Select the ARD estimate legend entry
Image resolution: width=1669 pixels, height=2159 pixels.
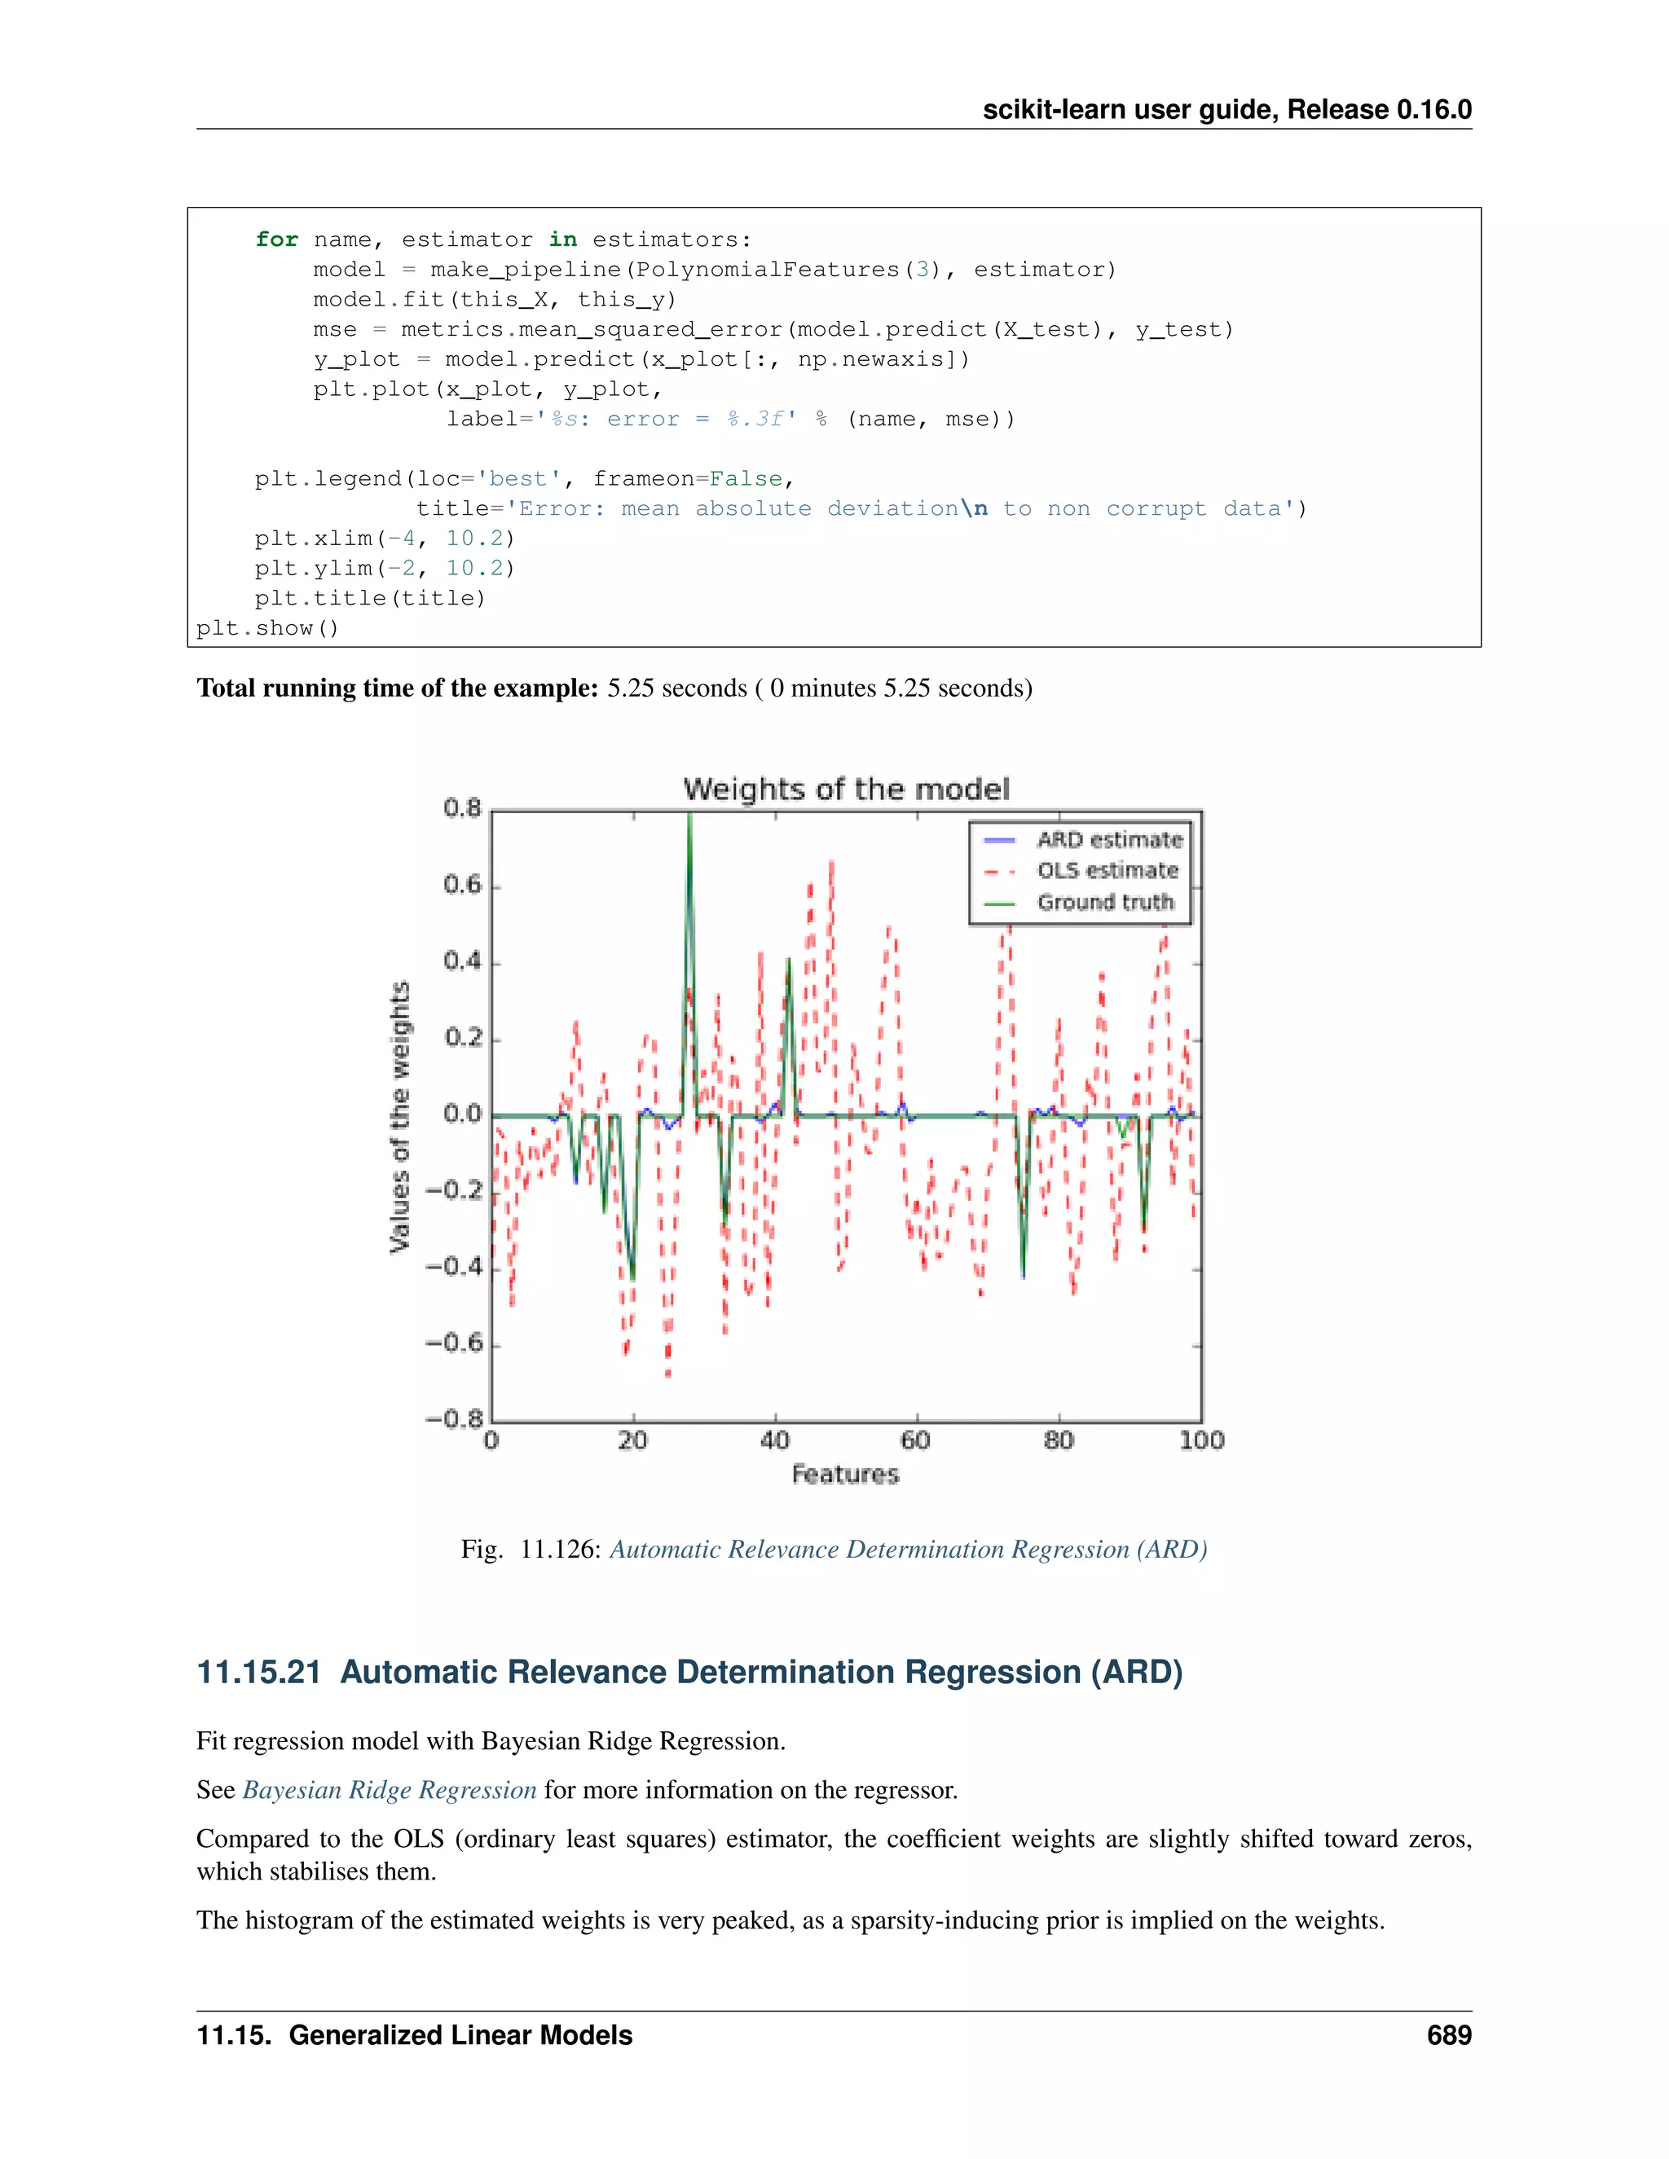(x=1108, y=839)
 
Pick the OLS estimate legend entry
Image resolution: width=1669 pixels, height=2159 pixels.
(x=1107, y=871)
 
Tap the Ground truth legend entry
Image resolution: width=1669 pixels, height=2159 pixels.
(x=1104, y=903)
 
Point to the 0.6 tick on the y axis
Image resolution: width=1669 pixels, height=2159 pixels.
(x=462, y=885)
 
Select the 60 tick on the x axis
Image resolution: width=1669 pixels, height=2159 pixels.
(x=915, y=1440)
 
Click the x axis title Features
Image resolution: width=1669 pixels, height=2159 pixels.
(x=845, y=1474)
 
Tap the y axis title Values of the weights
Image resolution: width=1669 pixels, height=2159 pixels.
(x=399, y=1117)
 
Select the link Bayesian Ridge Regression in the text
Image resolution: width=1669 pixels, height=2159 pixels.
(x=390, y=1790)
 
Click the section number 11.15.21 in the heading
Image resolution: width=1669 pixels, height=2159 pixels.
(x=259, y=1673)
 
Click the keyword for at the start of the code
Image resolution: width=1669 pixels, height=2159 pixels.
(x=276, y=240)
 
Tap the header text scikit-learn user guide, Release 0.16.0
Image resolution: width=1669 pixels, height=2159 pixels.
(x=1226, y=110)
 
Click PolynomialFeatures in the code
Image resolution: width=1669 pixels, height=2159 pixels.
(x=766, y=270)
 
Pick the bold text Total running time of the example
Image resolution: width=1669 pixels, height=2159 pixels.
(x=397, y=688)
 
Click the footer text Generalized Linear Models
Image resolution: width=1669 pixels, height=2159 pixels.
(x=460, y=2035)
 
